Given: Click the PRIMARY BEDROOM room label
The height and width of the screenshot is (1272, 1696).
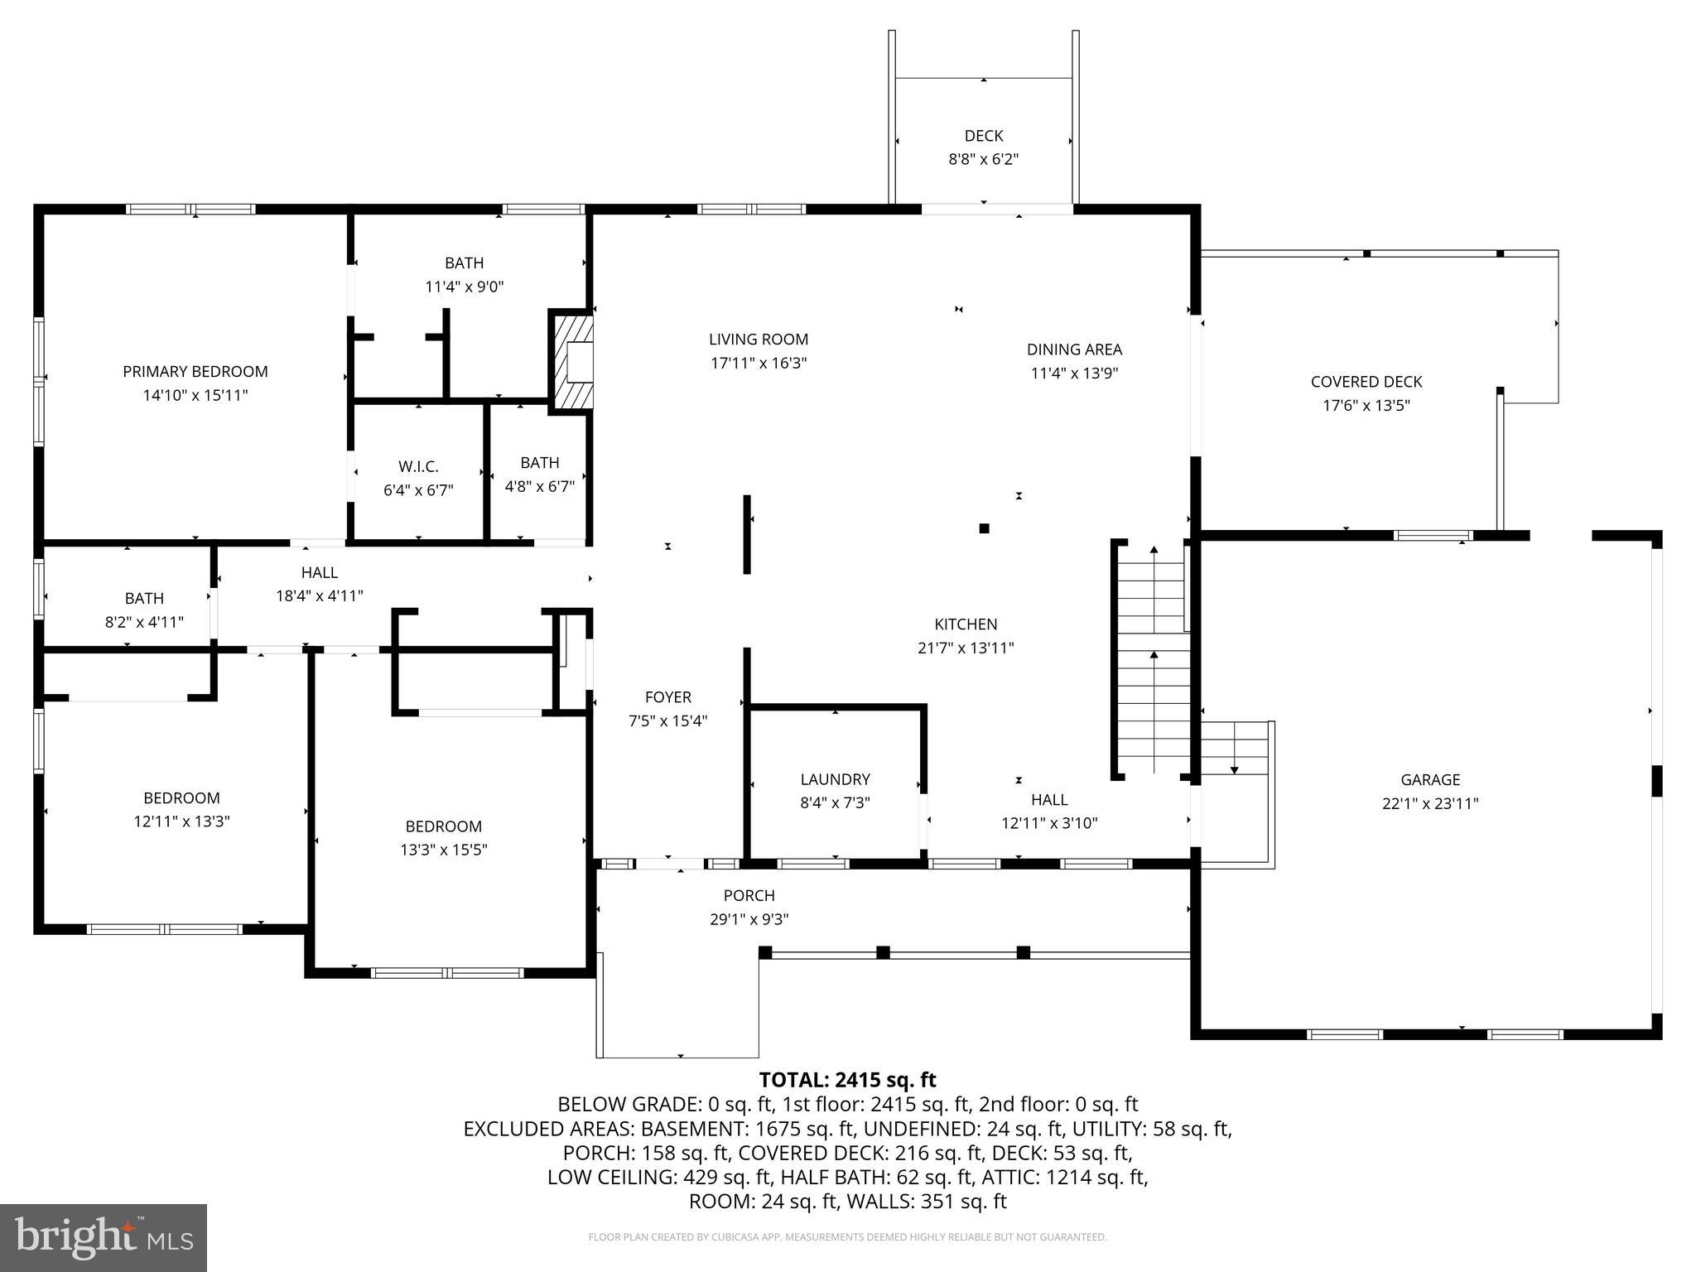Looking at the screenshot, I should coord(195,372).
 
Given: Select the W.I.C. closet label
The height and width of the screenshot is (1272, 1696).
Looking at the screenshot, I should coord(418,467).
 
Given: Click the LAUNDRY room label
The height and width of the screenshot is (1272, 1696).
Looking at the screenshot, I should coord(835,779).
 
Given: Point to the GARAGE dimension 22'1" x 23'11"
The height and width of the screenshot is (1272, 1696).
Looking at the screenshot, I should coord(1430,803).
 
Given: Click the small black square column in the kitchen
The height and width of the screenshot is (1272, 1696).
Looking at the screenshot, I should coord(984,528).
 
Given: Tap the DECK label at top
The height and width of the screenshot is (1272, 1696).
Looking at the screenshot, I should coord(984,136).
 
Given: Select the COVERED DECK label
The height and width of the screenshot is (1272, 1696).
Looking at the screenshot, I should coord(1366,382).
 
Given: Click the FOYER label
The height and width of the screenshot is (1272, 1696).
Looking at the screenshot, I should coord(667,697).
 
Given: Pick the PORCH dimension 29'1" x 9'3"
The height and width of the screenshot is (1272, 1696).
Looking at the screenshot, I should coord(749,919).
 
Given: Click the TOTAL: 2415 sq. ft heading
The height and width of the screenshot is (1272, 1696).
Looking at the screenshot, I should coord(847,1080).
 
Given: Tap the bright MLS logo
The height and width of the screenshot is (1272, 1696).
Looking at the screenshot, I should coord(104,1237).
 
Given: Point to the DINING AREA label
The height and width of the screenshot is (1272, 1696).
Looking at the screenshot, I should coord(1074,349).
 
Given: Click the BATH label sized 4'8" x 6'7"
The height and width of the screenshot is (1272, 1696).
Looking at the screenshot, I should coord(539,463).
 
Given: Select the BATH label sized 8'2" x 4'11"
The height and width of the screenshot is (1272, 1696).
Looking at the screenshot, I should coord(144,598).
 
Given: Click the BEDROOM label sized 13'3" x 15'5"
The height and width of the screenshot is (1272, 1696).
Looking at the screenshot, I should coord(443,826).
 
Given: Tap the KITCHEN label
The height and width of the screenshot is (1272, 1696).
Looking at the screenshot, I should coord(966,624).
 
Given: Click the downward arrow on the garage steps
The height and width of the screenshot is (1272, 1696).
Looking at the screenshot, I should coord(1234,770).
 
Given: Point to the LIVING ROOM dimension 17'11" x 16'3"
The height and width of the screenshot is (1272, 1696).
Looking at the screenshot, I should coord(758,364).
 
